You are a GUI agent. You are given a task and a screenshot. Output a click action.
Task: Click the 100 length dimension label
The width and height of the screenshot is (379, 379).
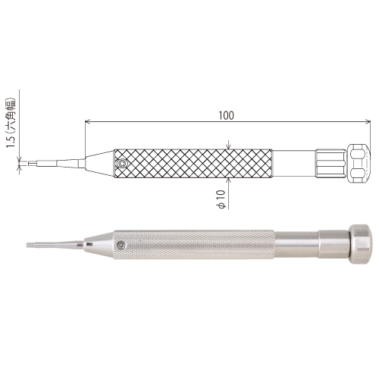[227, 115]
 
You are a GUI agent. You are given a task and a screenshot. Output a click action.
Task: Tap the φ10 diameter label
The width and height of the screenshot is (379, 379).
[221, 200]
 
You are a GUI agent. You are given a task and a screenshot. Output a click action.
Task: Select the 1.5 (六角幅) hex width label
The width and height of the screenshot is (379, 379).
[11, 123]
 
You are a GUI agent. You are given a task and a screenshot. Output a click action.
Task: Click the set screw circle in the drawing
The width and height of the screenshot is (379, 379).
[122, 164]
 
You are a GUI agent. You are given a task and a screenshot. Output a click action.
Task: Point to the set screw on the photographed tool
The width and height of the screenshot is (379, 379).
[122, 245]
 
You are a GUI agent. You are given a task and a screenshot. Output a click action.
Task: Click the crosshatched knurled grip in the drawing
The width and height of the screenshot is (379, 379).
[193, 164]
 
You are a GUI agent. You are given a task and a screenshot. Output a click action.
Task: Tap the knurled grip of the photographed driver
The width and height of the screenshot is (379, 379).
[194, 245]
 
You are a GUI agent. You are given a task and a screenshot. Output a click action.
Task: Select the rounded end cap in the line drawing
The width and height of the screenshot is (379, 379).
[359, 164]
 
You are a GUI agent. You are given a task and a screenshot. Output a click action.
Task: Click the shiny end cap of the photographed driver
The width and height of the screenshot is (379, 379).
[360, 244]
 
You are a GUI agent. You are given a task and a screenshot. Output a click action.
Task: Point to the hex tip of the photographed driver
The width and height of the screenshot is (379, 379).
[30, 245]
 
